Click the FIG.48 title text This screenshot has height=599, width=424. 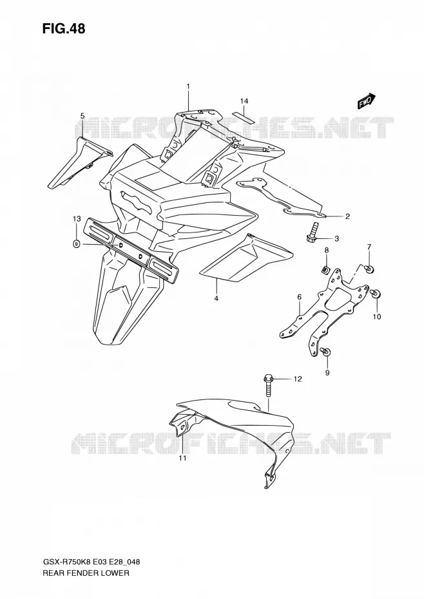tap(64, 28)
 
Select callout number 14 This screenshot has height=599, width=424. tap(244, 101)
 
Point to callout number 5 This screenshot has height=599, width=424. tap(82, 116)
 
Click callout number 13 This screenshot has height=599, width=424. tap(77, 219)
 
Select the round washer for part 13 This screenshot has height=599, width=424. tap(77, 243)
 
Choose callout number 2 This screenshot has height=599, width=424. tap(347, 216)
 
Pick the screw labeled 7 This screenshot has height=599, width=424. tap(369, 269)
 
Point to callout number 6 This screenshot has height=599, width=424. tap(300, 297)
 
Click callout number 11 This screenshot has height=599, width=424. tap(183, 458)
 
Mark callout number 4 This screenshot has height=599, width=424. tap(216, 298)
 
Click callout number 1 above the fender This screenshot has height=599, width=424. tap(188, 87)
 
